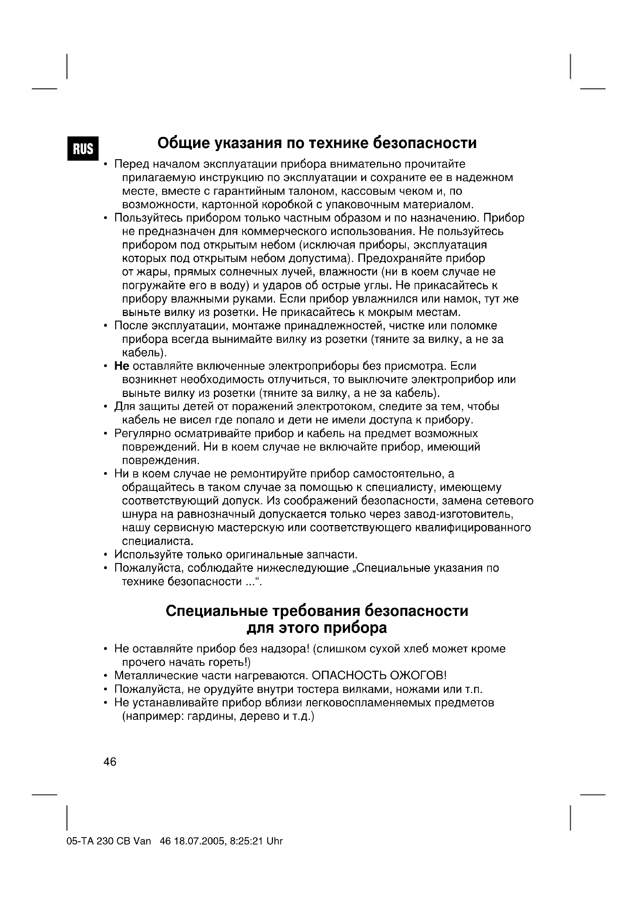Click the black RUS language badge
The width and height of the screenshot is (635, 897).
(83, 148)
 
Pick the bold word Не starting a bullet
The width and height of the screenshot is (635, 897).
(122, 366)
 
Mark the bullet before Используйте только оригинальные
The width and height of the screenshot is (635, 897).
(106, 555)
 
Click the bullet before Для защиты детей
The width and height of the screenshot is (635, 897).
(106, 407)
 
